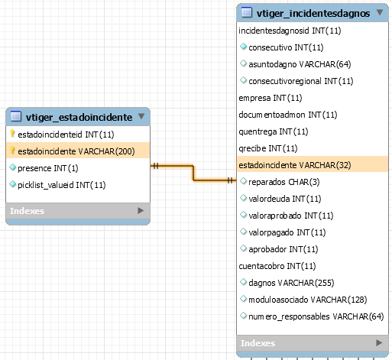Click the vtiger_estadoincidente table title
[79, 117]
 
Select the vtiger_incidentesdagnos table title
[313, 13]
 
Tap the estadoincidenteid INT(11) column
[66, 135]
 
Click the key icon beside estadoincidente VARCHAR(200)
[12, 151]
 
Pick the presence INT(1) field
[48, 168]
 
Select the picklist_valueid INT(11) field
[62, 185]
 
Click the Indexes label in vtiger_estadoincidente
[27, 211]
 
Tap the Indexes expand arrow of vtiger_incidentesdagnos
[379, 342]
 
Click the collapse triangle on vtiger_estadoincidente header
[141, 116]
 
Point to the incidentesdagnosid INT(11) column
[290, 31]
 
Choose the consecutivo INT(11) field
[286, 47]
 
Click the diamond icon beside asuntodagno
[244, 63]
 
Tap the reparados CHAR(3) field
[284, 182]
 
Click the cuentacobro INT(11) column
[277, 266]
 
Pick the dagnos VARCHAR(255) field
[291, 283]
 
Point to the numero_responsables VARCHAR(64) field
[316, 316]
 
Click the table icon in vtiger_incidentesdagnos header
[247, 12]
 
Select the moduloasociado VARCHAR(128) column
[308, 300]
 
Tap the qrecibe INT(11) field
[268, 148]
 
